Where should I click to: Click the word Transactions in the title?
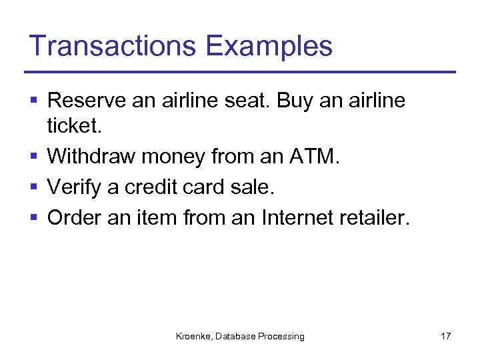point(113,46)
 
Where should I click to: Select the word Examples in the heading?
point(269,46)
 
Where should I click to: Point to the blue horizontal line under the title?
point(239,72)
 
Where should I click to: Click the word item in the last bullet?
point(153,218)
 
